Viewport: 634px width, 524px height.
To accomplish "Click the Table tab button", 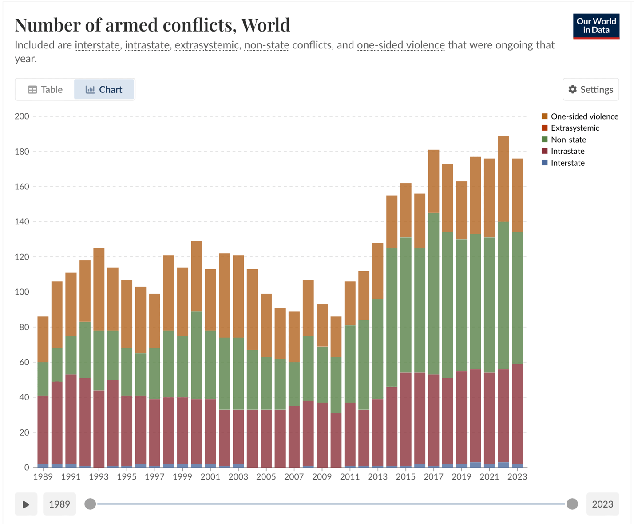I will coord(45,89).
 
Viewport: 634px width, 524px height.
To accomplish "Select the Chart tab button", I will coord(104,89).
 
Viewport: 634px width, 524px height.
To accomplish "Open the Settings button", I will coord(590,89).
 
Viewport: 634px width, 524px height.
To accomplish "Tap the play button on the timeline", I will coord(26,504).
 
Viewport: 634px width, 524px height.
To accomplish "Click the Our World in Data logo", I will coord(596,26).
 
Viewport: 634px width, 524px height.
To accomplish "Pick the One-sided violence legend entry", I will coord(584,116).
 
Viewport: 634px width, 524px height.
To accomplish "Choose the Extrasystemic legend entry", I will coord(575,128).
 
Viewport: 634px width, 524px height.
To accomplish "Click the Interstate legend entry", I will coord(567,163).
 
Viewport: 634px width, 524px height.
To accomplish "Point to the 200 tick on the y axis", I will coord(22,116).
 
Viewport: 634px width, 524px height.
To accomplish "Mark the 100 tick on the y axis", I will coord(22,292).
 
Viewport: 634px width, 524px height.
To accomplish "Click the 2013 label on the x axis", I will coord(377,477).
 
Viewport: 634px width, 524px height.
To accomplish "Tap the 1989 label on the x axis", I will coord(43,477).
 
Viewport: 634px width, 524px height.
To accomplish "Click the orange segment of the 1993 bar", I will coord(99,289).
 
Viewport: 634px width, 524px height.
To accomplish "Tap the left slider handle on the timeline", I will coord(90,504).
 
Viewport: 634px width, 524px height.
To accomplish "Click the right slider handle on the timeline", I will coord(572,504).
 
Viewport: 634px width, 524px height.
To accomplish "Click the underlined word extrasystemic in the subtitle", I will coord(206,45).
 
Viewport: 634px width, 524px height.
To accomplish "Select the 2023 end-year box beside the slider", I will coord(602,504).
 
